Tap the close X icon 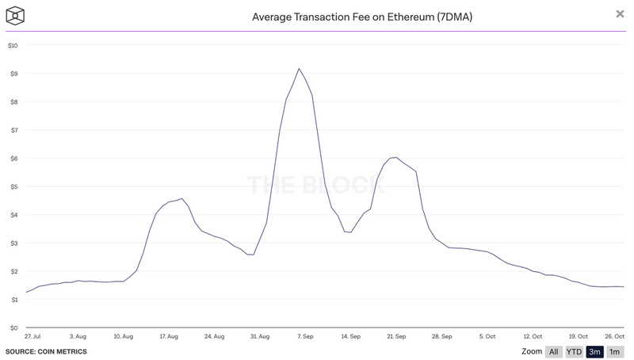pyautogui.click(x=620, y=14)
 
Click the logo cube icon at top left pyautogui.click(x=14, y=15)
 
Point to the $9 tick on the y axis pyautogui.click(x=12, y=74)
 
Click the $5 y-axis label pyautogui.click(x=12, y=186)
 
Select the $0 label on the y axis pyautogui.click(x=12, y=327)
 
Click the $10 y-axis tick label pyautogui.click(x=12, y=45)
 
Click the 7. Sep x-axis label pyautogui.click(x=305, y=337)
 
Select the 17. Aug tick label pyautogui.click(x=167, y=337)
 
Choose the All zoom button pyautogui.click(x=554, y=351)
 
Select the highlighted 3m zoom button pyautogui.click(x=594, y=351)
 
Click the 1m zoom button pyautogui.click(x=615, y=351)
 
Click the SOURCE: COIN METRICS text pyautogui.click(x=46, y=351)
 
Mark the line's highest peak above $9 pyautogui.click(x=299, y=69)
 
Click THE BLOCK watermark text pyautogui.click(x=316, y=186)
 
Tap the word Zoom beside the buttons pyautogui.click(x=532, y=351)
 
